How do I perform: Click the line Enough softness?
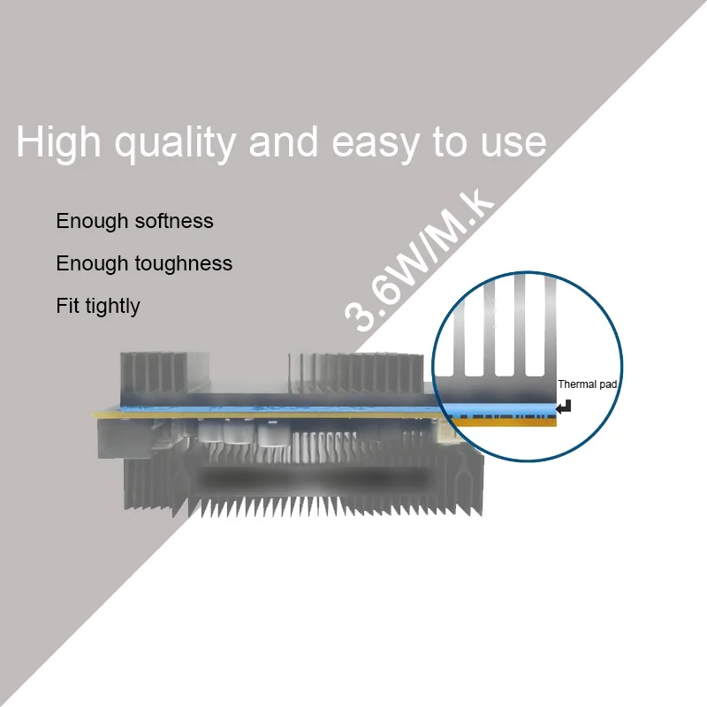tap(134, 221)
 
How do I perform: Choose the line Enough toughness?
tap(144, 263)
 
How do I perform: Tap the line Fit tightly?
tap(97, 307)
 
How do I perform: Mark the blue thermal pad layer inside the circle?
tap(499, 408)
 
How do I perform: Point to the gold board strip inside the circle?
tap(499, 421)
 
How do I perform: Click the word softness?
tap(174, 221)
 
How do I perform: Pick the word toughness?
tap(184, 263)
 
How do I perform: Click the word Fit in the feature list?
tap(65, 306)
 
